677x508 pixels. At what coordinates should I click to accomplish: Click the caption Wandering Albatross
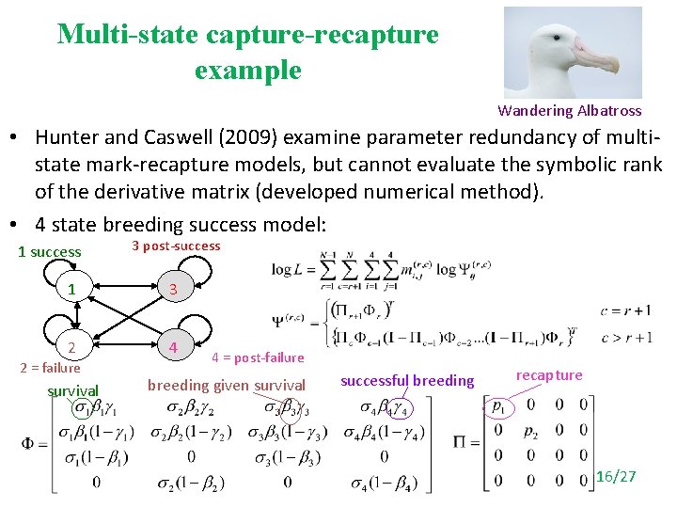coord(570,111)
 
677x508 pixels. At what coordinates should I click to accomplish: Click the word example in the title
coord(248,70)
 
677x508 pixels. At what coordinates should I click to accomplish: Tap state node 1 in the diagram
coord(72,290)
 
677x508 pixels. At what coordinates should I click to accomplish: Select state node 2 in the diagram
coord(72,347)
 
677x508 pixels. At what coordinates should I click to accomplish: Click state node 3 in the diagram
coord(172,290)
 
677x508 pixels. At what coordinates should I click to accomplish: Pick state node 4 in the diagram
coord(172,347)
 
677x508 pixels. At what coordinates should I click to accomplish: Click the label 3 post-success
coord(176,246)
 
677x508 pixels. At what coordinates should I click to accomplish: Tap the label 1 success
coord(50,252)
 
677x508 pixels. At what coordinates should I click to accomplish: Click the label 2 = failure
coord(50,368)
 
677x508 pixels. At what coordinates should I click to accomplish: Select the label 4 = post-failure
coord(258,357)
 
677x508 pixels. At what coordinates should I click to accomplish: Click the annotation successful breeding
coord(407,381)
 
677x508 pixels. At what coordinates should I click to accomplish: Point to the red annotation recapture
coord(550,375)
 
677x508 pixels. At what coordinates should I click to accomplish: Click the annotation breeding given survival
coord(227,385)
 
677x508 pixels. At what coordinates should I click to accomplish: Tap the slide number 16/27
coord(616,477)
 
